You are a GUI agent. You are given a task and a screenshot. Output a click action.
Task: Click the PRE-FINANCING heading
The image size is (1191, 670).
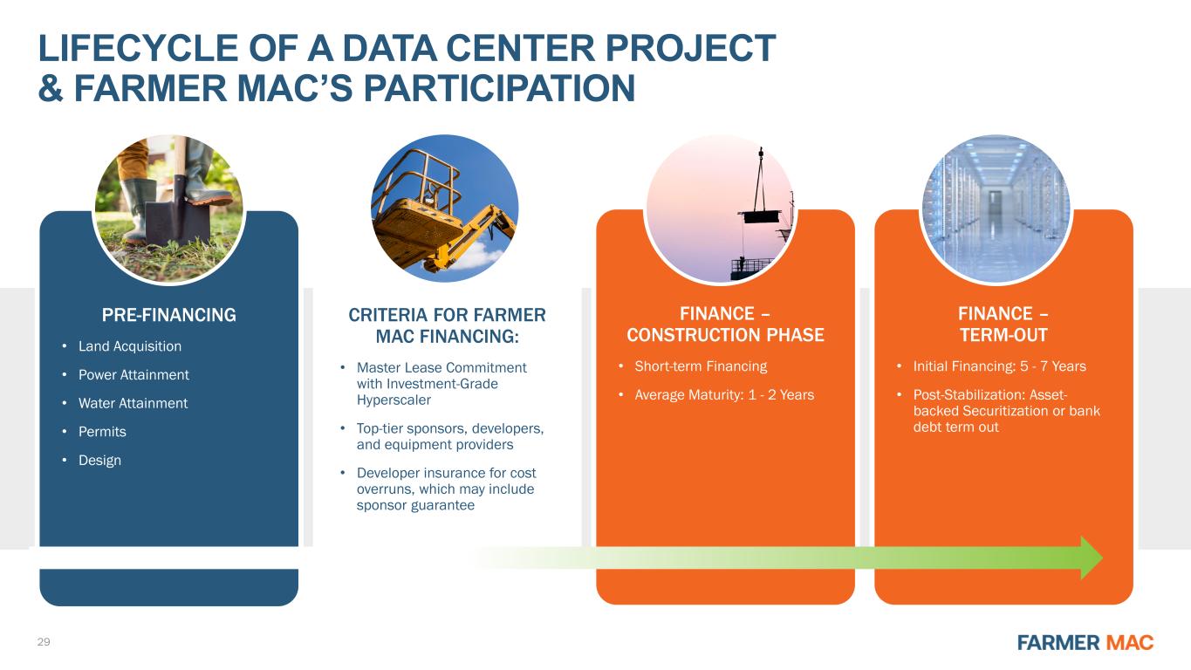coord(168,315)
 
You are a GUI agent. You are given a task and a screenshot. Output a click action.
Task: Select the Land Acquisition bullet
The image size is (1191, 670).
coord(130,346)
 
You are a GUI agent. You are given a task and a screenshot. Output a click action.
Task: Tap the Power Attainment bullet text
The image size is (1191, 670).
coord(133,375)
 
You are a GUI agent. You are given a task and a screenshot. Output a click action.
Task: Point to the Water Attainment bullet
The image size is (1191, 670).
coord(133,403)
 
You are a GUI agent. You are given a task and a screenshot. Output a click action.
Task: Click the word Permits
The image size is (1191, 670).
coord(102,432)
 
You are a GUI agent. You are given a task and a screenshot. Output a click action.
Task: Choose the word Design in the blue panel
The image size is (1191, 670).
coord(99,461)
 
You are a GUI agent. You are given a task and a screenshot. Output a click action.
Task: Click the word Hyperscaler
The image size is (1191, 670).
coord(394,400)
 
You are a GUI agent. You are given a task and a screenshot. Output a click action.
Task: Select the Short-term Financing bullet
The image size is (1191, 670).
coord(701,366)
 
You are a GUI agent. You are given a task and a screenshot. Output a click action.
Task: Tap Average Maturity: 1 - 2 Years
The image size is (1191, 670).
coord(724,395)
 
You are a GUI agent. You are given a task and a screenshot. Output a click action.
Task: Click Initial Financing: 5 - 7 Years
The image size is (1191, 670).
coord(1000,366)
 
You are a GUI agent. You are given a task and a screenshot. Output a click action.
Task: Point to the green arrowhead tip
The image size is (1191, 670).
coord(1102,557)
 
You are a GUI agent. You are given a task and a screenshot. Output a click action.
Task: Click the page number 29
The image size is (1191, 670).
coord(44,642)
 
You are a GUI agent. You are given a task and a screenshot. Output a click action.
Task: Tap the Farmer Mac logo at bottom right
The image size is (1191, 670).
coord(1085,643)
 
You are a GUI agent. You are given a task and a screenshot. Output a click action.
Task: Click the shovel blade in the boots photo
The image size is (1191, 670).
coord(165,218)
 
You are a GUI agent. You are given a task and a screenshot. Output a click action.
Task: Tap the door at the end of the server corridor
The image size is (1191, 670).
coord(995,204)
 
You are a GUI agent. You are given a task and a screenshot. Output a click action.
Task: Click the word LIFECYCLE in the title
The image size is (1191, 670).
coord(138,48)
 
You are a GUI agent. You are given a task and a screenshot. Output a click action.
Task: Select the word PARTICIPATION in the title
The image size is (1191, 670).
coord(499,88)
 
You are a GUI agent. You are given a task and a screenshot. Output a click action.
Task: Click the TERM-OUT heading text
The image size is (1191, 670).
coord(1003,335)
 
